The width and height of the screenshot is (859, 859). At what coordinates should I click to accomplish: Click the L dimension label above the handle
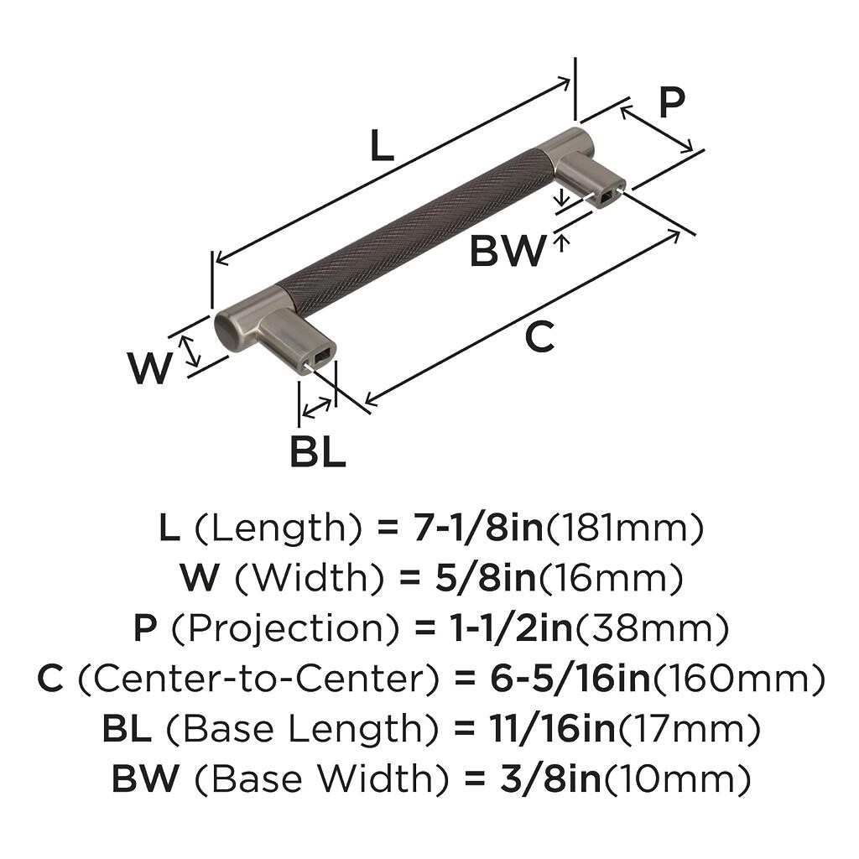[x=381, y=147]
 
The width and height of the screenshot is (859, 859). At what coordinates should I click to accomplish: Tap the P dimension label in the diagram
[x=670, y=103]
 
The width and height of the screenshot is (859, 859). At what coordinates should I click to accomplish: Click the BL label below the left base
[x=318, y=453]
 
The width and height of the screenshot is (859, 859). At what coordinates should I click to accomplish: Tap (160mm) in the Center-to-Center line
[x=738, y=679]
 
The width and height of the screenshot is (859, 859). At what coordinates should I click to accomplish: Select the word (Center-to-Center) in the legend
[x=247, y=679]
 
